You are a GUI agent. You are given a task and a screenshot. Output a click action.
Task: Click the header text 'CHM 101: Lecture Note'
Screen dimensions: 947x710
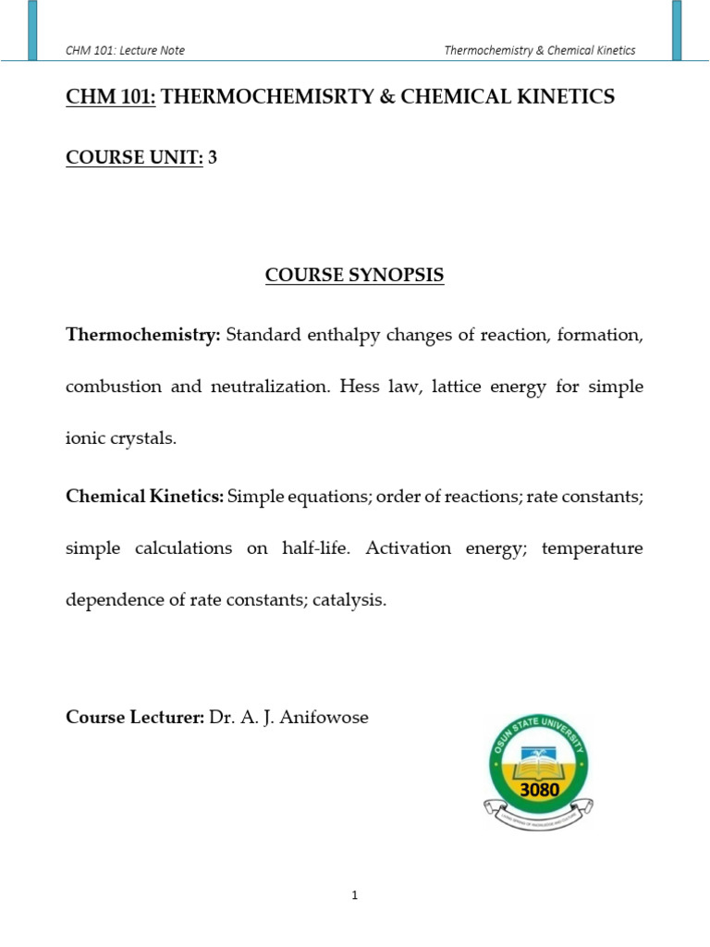point(125,50)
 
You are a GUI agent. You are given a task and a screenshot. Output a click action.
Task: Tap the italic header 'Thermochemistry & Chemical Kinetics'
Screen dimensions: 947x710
point(540,50)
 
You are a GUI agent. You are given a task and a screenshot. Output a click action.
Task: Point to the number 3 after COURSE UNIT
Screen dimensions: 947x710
point(213,157)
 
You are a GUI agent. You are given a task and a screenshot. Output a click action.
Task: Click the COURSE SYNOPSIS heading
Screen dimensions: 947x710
point(355,276)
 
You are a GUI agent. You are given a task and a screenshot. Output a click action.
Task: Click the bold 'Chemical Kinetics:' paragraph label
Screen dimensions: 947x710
point(145,497)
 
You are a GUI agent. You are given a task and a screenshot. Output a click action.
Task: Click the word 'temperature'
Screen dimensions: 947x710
point(592,548)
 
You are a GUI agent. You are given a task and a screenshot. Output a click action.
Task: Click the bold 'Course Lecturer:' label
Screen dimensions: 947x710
point(134,717)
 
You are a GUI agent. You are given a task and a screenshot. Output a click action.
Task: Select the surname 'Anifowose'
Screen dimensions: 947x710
point(329,717)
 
